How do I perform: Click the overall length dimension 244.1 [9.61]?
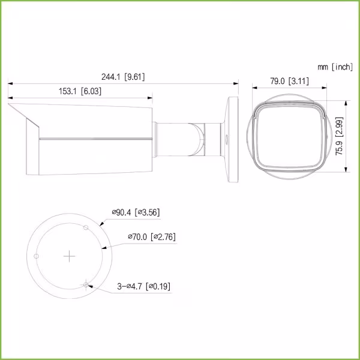click(124, 77)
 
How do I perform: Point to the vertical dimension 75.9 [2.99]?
click(339, 136)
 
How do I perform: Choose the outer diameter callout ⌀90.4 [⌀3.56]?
click(135, 212)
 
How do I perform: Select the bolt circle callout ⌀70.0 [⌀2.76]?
click(151, 237)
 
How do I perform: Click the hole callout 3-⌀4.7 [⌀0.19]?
click(143, 286)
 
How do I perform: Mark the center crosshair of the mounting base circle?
click(70, 256)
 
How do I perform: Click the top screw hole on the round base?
click(86, 227)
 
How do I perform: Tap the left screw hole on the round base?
click(37, 256)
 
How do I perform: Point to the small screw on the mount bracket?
click(227, 137)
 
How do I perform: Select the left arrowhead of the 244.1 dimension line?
click(9, 84)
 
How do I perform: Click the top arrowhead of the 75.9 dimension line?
click(346, 101)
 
